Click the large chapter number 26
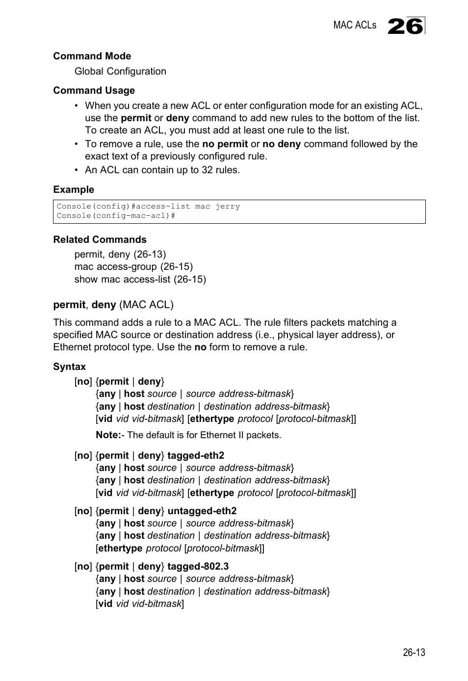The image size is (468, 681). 405,26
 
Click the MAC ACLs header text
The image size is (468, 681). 355,25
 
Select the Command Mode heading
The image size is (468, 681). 92,56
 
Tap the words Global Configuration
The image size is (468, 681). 120,71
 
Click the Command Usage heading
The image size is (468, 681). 94,90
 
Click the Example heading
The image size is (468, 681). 74,189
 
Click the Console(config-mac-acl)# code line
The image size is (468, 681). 116,216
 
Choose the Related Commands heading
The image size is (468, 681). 100,239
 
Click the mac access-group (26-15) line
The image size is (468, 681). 133,266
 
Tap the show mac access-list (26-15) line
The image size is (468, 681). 140,279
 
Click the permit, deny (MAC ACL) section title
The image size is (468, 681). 113,305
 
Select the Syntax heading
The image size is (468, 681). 69,367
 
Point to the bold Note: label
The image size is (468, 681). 108,435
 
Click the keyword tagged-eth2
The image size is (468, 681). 196,455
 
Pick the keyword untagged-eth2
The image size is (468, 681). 202,511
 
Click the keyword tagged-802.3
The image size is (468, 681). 198,566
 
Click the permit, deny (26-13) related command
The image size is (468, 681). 120,254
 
